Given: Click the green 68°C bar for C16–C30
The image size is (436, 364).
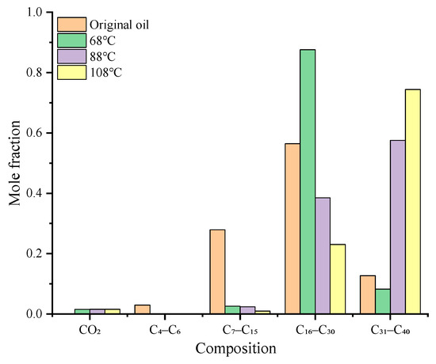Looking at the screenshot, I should tap(308, 182).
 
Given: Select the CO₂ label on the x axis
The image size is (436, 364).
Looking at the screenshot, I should tap(90, 328).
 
